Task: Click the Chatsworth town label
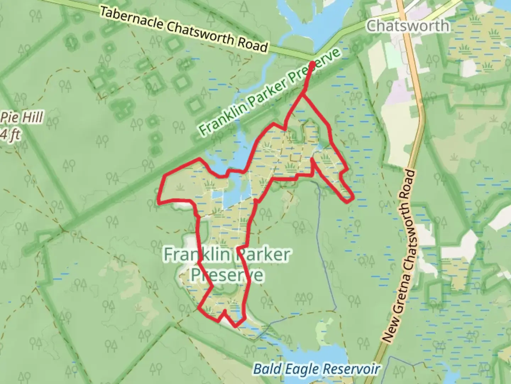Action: click(408, 26)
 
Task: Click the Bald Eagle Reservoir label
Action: click(316, 369)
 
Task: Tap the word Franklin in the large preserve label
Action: click(197, 255)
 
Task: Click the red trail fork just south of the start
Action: click(303, 94)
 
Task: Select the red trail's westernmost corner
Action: click(159, 203)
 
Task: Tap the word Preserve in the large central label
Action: click(227, 275)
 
